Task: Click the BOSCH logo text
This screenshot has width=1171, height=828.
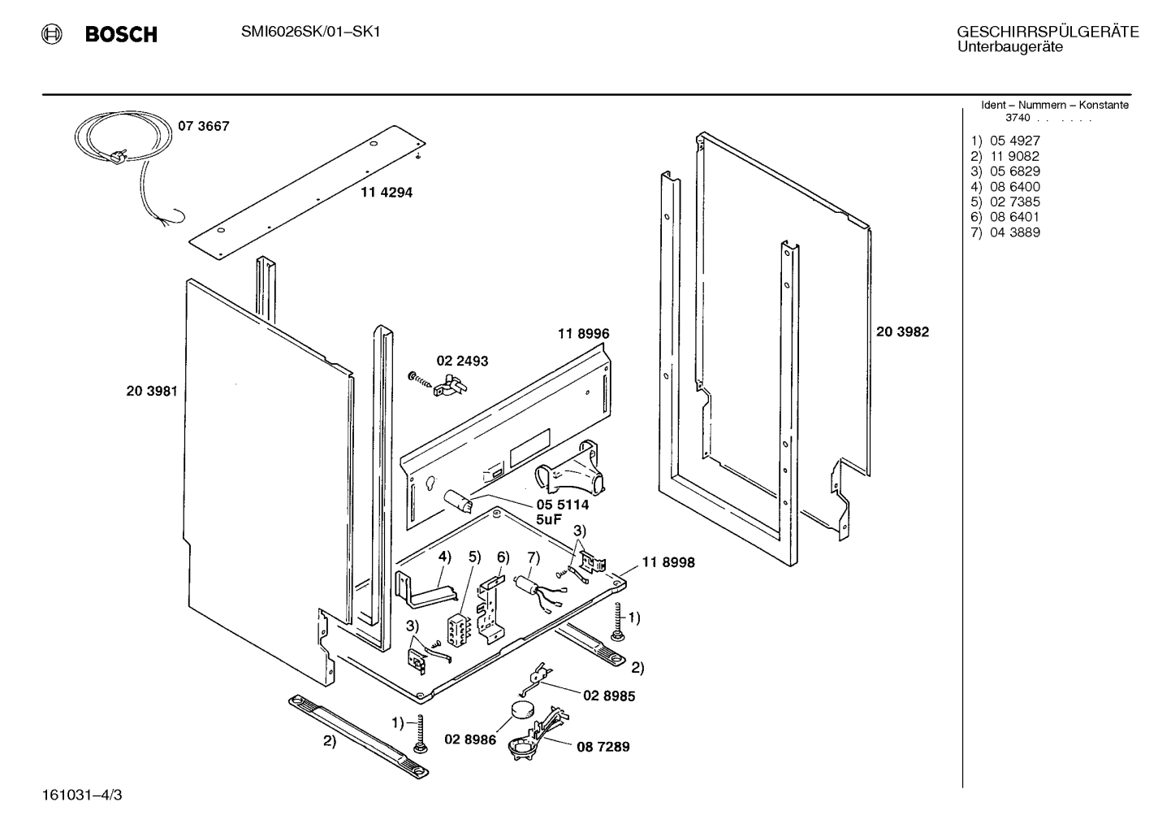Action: pyautogui.click(x=120, y=34)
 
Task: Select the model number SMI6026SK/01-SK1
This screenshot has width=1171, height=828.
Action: pyautogui.click(x=311, y=32)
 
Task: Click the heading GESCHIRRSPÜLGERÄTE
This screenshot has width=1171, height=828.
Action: pyautogui.click(x=1048, y=33)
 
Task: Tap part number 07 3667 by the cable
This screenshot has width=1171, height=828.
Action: pyautogui.click(x=204, y=126)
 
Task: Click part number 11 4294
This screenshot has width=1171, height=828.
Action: pyautogui.click(x=387, y=193)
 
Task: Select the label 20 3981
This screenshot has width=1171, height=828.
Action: pyautogui.click(x=152, y=391)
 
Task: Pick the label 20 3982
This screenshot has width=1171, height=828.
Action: pyautogui.click(x=902, y=332)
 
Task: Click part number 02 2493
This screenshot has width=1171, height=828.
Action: pyautogui.click(x=462, y=361)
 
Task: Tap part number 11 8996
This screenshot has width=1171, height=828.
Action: pyautogui.click(x=583, y=333)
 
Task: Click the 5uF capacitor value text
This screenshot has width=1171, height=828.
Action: pyautogui.click(x=548, y=519)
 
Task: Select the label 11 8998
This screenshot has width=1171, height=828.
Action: pyautogui.click(x=668, y=562)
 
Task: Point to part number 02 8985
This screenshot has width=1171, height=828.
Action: pyautogui.click(x=609, y=696)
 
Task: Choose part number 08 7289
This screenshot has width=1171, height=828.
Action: pyautogui.click(x=603, y=747)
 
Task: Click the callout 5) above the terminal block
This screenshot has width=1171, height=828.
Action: pyautogui.click(x=475, y=557)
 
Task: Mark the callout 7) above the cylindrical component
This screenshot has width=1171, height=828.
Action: pyautogui.click(x=533, y=557)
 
